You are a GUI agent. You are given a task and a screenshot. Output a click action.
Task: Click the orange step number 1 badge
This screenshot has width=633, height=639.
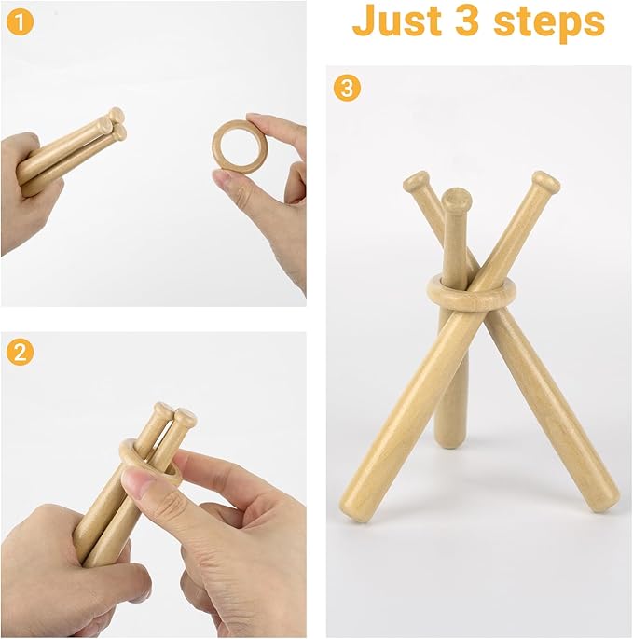[x=20, y=23]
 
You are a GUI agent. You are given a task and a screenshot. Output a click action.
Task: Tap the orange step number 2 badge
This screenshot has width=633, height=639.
[x=20, y=352]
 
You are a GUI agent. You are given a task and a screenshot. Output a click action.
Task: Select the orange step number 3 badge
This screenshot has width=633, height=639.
[x=347, y=88]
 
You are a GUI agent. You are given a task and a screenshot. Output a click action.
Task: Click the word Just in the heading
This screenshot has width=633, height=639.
[x=397, y=21]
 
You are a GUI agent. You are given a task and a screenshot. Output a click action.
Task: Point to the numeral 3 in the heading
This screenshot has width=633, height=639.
[x=467, y=21]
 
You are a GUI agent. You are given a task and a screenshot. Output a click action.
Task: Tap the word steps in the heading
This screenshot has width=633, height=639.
[x=549, y=22]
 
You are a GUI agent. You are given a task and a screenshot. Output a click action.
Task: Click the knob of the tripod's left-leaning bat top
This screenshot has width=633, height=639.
[x=416, y=182]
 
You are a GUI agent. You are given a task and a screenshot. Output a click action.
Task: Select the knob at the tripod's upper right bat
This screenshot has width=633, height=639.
[x=545, y=184]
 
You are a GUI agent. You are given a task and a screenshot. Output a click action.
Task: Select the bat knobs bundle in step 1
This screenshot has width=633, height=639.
[x=114, y=125]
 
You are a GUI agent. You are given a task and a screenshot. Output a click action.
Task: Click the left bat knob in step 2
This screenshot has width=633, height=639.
[x=164, y=410]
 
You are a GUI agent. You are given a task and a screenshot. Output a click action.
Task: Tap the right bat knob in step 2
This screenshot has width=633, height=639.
[x=186, y=416]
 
